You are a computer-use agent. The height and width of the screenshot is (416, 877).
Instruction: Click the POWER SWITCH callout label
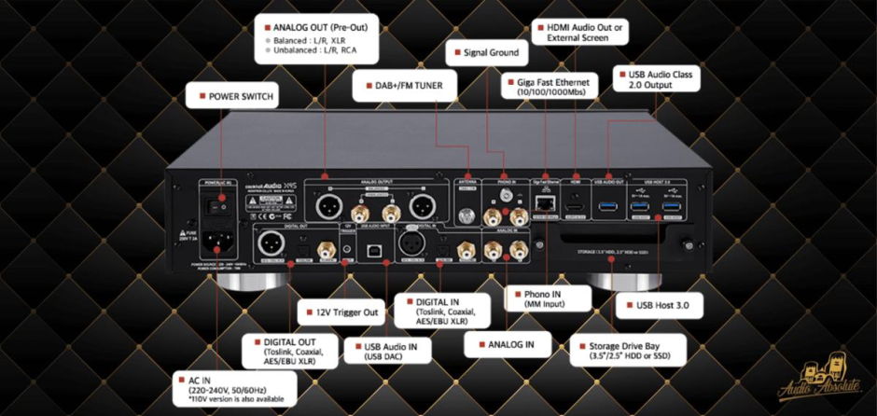tap(233, 95)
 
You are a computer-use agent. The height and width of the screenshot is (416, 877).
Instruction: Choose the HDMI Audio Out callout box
tap(578, 33)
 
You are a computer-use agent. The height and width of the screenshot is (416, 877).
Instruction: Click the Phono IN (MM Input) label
tap(548, 298)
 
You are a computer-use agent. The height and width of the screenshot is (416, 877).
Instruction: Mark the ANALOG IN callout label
tap(503, 344)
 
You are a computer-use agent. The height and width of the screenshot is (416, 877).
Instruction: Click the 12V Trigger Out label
tap(337, 311)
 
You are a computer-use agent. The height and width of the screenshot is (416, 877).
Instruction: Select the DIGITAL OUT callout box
tap(280, 351)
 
